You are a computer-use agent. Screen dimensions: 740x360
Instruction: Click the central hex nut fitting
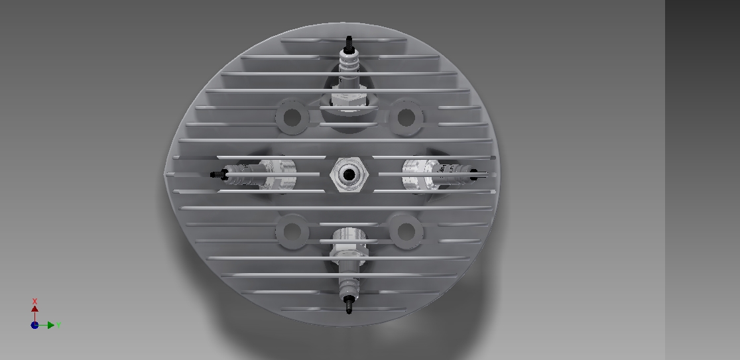(x=349, y=175)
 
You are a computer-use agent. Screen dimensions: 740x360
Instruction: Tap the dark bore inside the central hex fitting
(x=349, y=175)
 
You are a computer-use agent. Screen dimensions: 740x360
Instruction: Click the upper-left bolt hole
(x=292, y=117)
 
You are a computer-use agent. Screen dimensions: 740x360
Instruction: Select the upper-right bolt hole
(x=406, y=117)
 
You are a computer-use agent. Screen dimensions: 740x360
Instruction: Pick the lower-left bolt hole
(x=292, y=231)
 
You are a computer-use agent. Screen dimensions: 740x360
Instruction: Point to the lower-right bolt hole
(x=406, y=231)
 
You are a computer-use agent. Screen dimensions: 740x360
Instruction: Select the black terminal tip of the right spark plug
(x=475, y=174)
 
